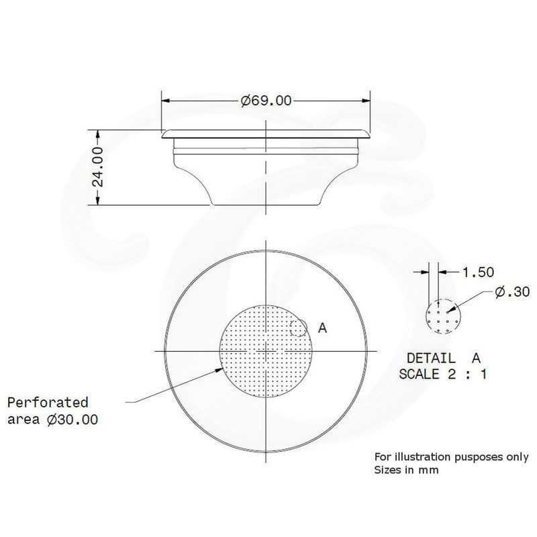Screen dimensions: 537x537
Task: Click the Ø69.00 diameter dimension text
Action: click(266, 101)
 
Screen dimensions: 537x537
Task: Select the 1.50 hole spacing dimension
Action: click(479, 272)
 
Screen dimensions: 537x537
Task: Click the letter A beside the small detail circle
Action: click(322, 328)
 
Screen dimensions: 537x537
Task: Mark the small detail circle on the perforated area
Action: click(299, 328)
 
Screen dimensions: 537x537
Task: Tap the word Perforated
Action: click(48, 403)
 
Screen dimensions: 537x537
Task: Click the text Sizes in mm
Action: click(406, 470)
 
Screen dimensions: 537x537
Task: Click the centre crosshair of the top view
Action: click(267, 351)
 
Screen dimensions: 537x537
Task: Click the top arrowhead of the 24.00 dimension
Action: click(99, 132)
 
